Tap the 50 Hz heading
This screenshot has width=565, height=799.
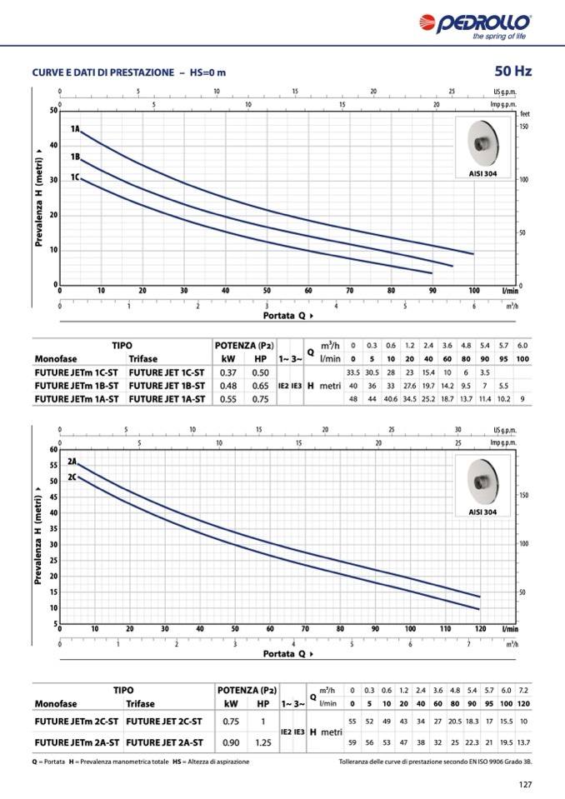[x=513, y=72]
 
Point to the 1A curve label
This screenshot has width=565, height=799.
[x=75, y=129]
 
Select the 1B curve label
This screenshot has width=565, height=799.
[x=75, y=157]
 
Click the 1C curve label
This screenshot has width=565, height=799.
[x=75, y=177]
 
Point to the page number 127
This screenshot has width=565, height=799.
[x=524, y=784]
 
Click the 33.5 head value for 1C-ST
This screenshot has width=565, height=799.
[x=352, y=372]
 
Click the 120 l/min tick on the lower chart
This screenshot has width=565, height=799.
[x=481, y=628]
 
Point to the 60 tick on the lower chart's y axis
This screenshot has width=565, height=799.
[x=52, y=450]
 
